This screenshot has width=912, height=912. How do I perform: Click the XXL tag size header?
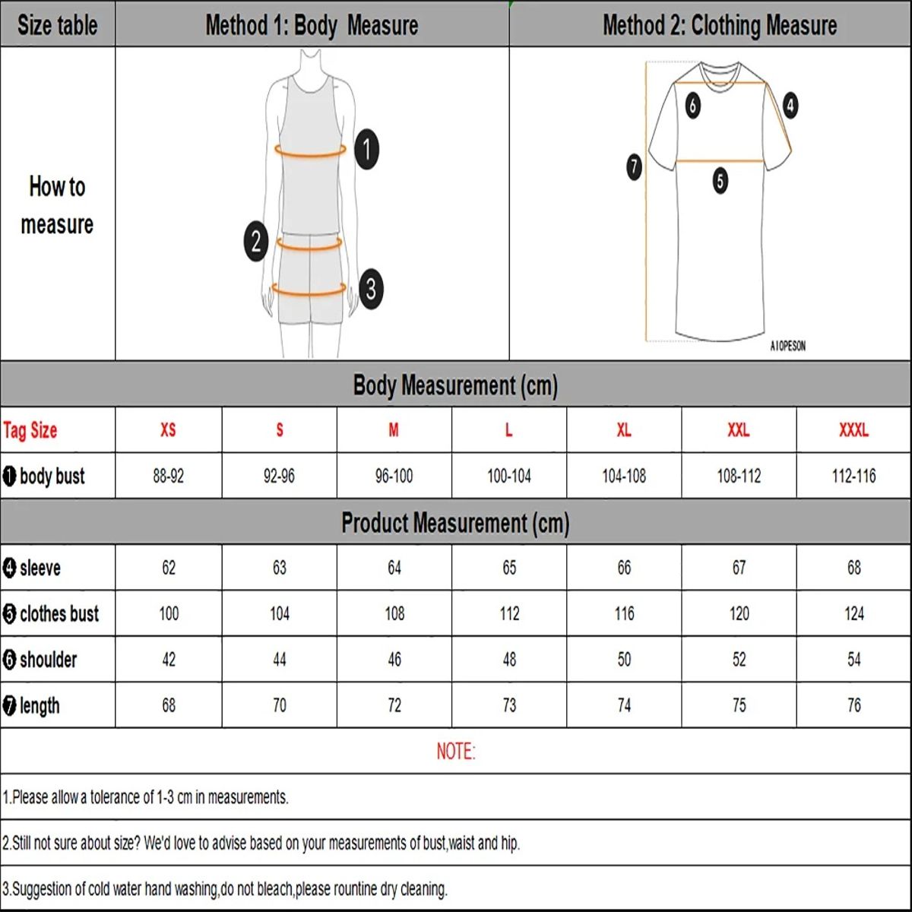point(739,430)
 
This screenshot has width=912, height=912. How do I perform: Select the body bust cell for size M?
point(394,477)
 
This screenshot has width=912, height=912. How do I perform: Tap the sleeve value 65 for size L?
point(509,568)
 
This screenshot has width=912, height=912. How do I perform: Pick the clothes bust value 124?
point(853,613)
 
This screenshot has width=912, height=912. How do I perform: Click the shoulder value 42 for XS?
point(169,660)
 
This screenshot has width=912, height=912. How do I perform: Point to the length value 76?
point(853,705)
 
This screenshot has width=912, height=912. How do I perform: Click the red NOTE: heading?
point(455,752)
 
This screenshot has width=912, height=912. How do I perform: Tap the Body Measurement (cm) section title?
point(455,385)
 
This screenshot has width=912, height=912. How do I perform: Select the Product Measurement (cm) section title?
point(455,523)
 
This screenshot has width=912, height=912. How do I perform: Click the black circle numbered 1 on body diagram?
point(367,149)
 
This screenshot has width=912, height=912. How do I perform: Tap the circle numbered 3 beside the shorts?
point(371,289)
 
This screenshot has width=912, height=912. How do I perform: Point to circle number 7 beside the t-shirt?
point(635,166)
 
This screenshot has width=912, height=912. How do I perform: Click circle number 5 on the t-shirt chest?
point(720,181)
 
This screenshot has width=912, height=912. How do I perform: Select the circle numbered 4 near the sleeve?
point(790,105)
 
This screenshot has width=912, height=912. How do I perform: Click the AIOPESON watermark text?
point(787,346)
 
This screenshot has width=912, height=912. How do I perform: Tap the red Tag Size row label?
point(30,430)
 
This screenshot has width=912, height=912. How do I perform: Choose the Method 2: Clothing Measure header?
point(719,25)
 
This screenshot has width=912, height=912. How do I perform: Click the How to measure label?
point(57,205)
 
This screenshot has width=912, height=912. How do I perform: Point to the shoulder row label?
point(48,660)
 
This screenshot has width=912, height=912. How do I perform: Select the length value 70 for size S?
point(279,705)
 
